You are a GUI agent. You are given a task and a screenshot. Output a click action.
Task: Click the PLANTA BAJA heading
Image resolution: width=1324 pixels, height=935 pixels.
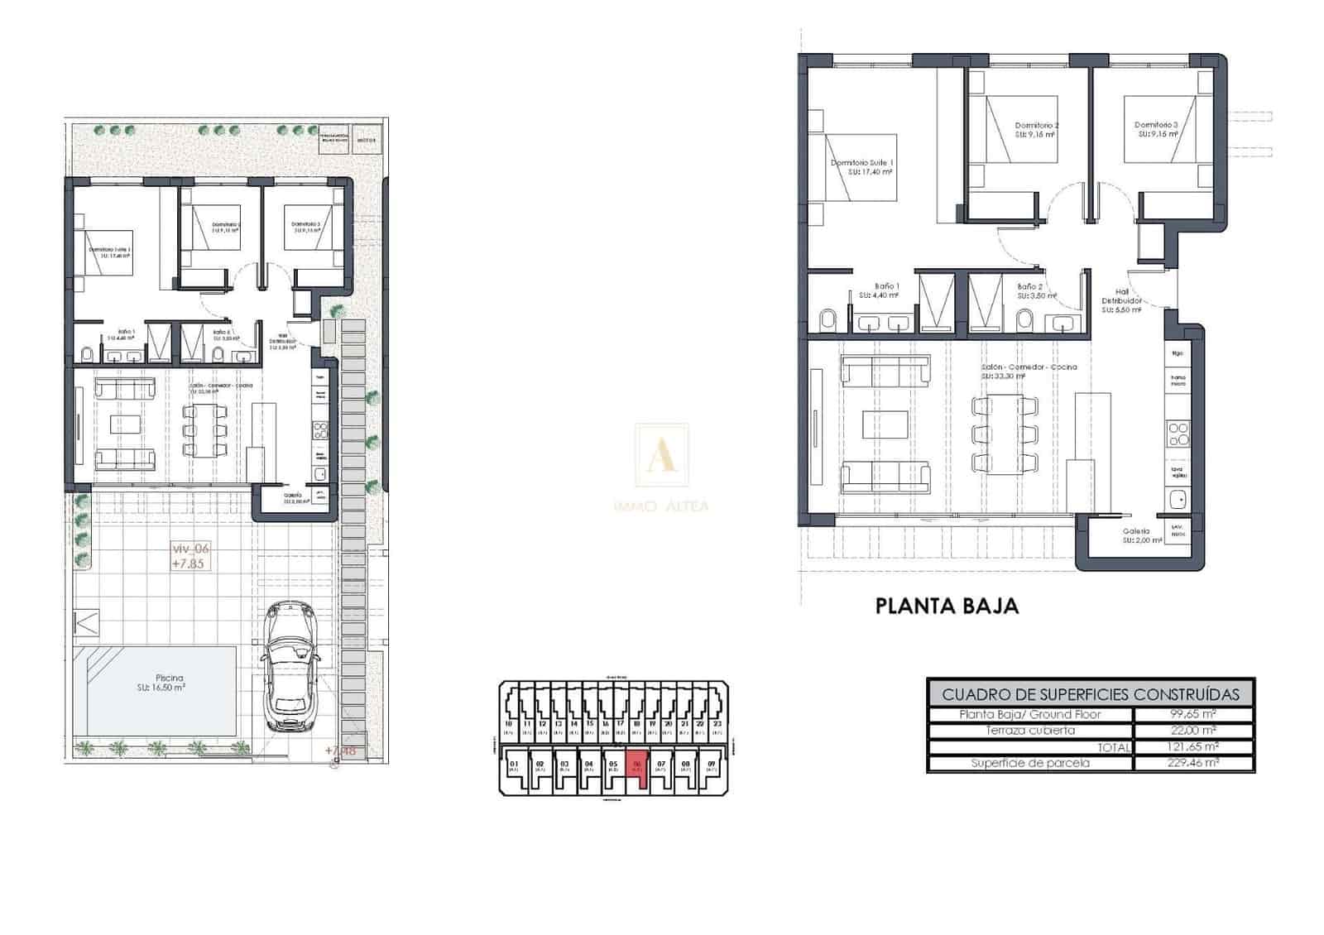(x=947, y=606)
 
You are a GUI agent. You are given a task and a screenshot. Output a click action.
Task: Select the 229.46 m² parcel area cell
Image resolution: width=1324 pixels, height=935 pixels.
(x=1192, y=763)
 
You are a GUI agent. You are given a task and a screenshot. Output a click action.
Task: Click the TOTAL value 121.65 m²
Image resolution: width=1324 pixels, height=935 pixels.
(x=1192, y=746)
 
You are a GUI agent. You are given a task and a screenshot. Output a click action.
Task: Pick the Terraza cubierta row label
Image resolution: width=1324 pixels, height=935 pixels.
(x=1030, y=731)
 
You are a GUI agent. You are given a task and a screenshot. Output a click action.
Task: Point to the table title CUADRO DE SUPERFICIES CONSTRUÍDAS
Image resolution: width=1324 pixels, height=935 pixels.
(x=1091, y=694)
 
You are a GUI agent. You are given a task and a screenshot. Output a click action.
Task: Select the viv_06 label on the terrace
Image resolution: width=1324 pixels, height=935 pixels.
(x=190, y=549)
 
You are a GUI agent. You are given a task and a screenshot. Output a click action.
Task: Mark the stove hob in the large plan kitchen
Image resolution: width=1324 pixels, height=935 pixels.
(x=1178, y=434)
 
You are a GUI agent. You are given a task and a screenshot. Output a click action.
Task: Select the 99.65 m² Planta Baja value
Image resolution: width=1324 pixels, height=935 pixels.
(x=1192, y=714)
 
